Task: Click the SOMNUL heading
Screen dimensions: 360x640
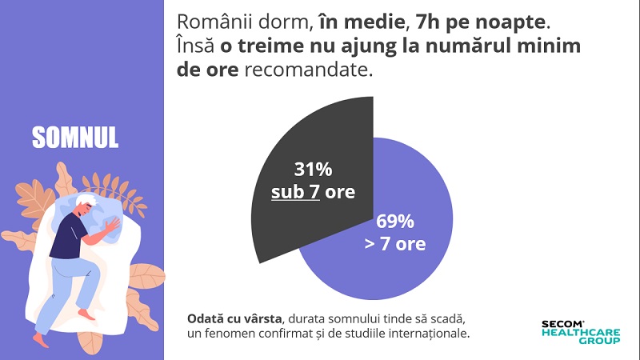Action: coord(75,137)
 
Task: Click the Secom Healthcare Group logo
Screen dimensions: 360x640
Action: coord(580,332)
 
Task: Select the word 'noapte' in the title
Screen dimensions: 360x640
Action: coord(519,22)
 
